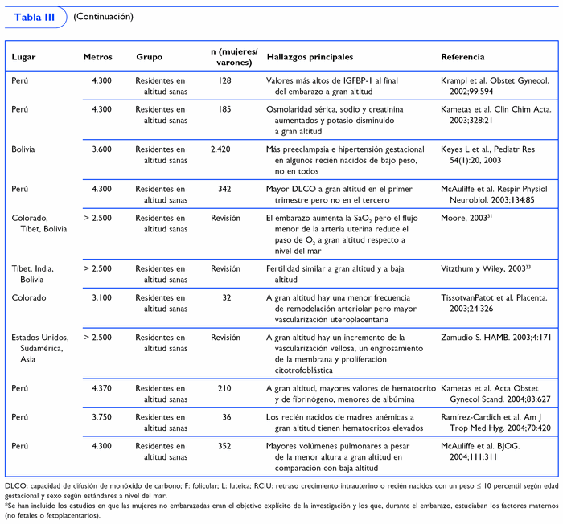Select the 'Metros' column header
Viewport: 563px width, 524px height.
coord(97,58)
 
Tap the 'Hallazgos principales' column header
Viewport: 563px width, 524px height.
coord(310,58)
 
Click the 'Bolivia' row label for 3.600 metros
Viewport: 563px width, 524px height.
coord(23,127)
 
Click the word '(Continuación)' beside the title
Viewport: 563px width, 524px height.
coord(103,17)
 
